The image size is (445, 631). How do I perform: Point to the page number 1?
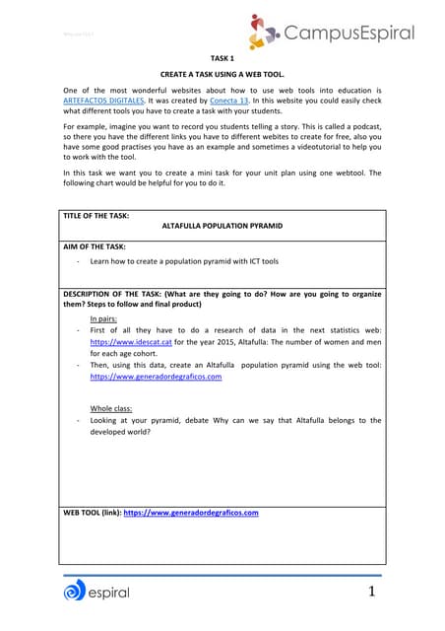tap(372, 592)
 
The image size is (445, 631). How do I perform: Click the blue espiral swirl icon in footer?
tap(75, 592)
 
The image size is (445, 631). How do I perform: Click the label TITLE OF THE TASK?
tap(96, 214)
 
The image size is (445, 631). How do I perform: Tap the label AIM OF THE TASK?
tap(95, 246)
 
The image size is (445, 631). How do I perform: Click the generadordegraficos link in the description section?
tap(155, 376)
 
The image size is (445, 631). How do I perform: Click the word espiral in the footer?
tap(109, 593)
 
